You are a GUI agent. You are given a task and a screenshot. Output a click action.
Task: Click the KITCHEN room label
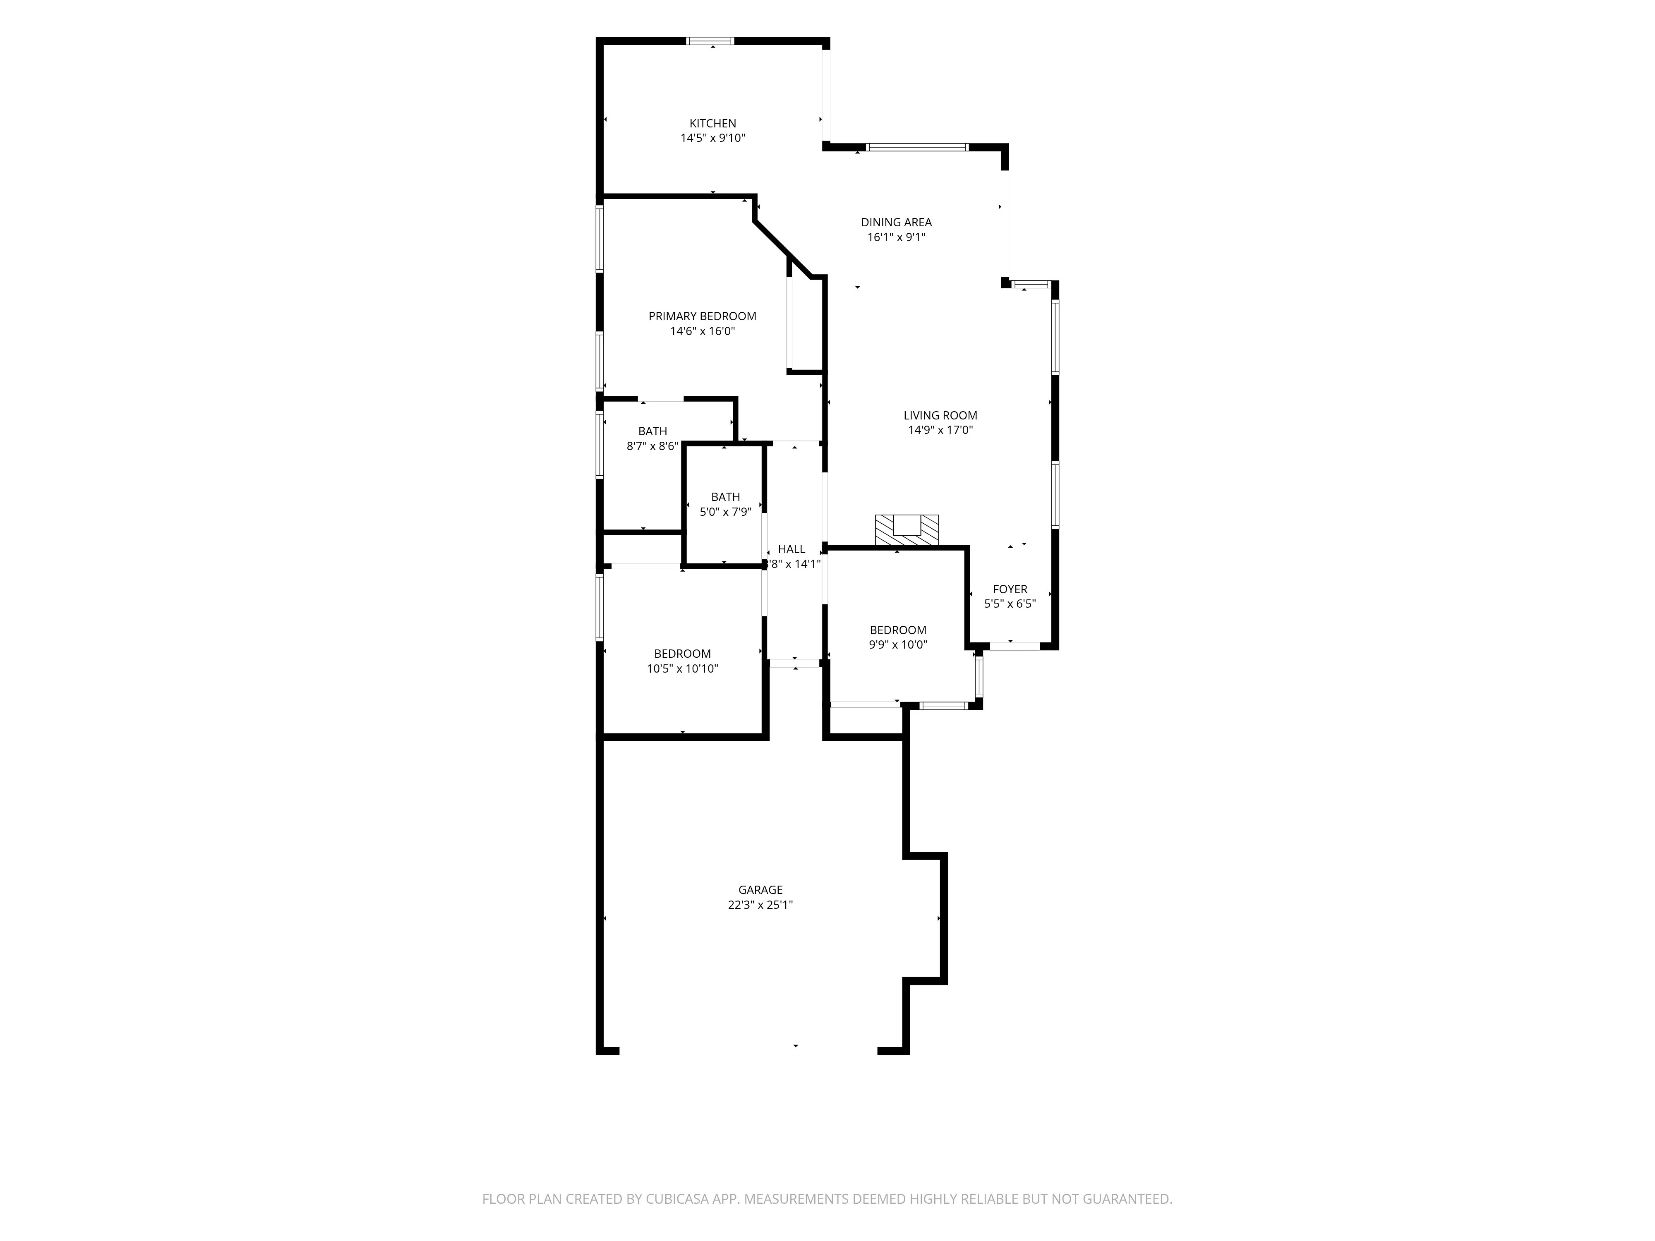coord(712,123)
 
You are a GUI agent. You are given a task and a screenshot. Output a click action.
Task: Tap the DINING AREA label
coord(896,222)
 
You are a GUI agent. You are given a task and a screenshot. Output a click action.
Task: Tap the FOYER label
coord(1010,589)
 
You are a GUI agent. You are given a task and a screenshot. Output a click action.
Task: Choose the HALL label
coord(792,549)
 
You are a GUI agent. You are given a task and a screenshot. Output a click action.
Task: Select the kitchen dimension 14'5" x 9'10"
coord(712,139)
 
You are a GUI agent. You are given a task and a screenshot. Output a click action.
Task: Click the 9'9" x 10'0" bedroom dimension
coord(898,645)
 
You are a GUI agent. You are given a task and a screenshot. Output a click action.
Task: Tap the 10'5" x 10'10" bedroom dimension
coord(682,669)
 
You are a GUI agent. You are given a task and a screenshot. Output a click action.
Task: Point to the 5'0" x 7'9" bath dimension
coord(725,513)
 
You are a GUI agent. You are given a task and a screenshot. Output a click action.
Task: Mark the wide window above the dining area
coord(917,147)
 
